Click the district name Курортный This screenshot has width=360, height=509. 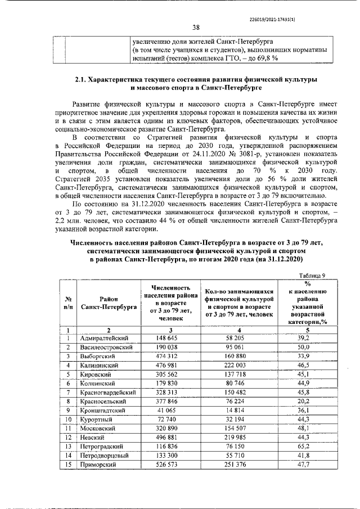(97, 420)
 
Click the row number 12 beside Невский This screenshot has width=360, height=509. (67, 438)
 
